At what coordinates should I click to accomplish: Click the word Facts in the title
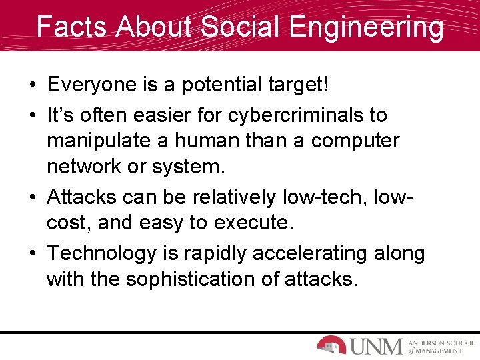69,27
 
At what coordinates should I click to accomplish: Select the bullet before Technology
32,254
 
